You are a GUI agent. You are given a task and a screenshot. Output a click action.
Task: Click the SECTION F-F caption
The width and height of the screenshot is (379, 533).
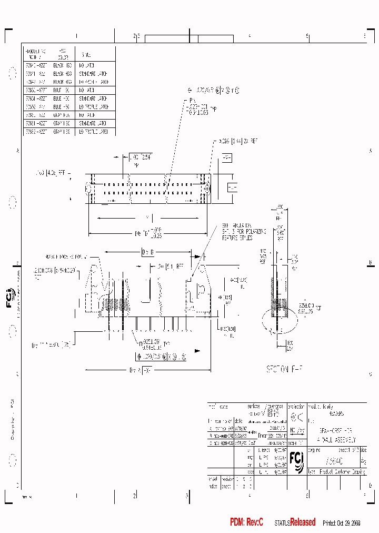point(285,370)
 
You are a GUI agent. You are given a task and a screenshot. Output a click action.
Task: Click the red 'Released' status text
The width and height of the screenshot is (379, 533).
point(303,522)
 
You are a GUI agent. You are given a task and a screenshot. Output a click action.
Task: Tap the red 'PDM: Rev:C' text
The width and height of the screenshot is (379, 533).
point(246,522)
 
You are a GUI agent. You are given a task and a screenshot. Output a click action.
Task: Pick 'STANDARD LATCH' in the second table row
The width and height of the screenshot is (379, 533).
point(93,75)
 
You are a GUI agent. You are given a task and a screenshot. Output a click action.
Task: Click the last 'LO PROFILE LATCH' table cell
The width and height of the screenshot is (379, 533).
point(94,132)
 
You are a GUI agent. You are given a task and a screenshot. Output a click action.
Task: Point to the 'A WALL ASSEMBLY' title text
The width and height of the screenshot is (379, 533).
point(336,439)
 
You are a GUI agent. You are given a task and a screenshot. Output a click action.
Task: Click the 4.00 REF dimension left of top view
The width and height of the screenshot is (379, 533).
point(53,172)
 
